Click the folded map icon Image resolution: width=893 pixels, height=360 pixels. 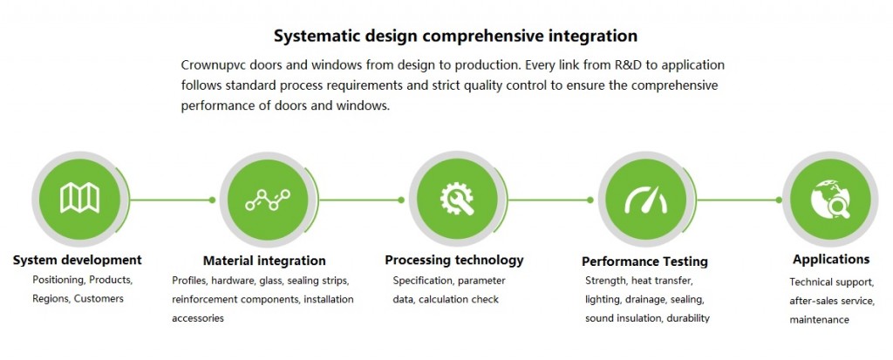pos(79,198)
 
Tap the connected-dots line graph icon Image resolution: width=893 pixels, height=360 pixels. pos(268,200)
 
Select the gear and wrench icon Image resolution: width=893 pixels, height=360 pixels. pos(457,199)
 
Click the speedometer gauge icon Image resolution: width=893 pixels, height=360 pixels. pos(646,200)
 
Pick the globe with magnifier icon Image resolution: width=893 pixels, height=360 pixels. pos(830,200)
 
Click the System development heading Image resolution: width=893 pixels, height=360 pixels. pos(78,261)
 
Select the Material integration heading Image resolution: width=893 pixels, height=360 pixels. pos(264,261)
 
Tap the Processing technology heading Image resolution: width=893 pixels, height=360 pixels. pos(453,261)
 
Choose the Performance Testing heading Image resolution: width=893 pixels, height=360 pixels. pos(644,262)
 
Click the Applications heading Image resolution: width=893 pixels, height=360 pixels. pos(831,260)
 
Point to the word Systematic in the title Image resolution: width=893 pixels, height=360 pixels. pos(316,37)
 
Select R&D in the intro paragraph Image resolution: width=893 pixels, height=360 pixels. pos(628,65)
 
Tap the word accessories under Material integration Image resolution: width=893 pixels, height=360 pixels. pos(198,318)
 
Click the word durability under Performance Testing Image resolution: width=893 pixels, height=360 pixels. pos(688,318)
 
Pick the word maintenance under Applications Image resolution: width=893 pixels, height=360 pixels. pos(819,320)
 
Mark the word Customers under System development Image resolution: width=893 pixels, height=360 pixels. pos(99,298)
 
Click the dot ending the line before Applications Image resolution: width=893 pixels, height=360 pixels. pos(779,200)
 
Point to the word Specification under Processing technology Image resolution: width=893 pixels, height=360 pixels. pos(423,281)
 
